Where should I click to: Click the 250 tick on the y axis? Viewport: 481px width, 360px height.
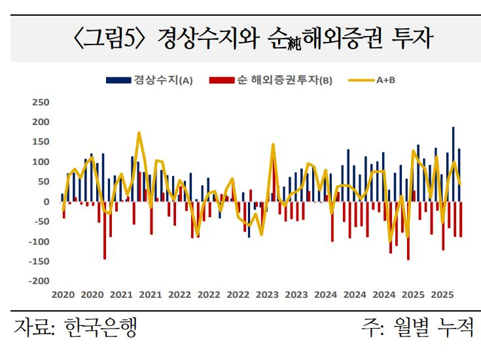[x=41, y=102]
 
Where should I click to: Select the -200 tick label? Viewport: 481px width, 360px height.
[x=39, y=281]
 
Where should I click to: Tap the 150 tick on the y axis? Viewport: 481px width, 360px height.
[x=41, y=142]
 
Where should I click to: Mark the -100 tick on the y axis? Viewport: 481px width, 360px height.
[x=39, y=242]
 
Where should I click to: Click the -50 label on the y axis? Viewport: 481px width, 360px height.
[x=41, y=221]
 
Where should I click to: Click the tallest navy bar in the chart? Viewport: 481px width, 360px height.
[x=453, y=164]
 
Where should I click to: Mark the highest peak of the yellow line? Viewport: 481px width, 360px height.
[x=139, y=133]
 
